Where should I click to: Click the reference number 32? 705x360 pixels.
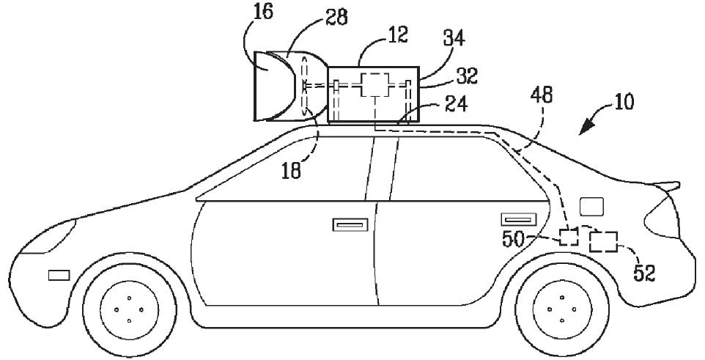(x=466, y=76)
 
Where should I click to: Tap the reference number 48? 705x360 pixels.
(x=542, y=96)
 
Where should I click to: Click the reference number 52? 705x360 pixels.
(x=644, y=273)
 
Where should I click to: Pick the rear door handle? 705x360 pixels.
(x=518, y=218)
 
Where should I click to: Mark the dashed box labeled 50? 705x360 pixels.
(x=569, y=237)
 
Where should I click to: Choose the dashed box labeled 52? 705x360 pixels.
(x=604, y=241)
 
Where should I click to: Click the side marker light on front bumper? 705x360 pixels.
(x=59, y=275)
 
